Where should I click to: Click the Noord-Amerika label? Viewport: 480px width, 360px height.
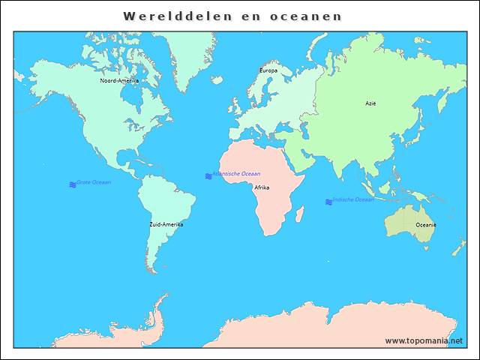click(119, 80)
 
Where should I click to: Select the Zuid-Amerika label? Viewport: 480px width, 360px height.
click(166, 224)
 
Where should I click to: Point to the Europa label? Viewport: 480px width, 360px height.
click(268, 70)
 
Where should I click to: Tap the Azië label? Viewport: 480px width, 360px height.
click(370, 103)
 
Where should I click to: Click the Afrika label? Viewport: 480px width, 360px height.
click(262, 187)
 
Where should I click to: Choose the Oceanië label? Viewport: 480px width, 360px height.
click(426, 225)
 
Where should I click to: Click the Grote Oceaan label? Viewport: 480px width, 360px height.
click(94, 182)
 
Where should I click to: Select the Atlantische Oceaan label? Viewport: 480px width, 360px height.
click(236, 173)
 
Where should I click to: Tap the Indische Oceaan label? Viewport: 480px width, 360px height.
click(353, 199)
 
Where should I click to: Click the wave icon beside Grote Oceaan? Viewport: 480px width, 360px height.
click(73, 184)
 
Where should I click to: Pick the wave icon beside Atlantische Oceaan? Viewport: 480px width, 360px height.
click(208, 175)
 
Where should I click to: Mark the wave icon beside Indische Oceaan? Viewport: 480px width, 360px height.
click(328, 202)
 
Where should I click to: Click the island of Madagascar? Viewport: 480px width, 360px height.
click(300, 215)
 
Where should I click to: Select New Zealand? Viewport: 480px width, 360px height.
click(457, 246)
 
